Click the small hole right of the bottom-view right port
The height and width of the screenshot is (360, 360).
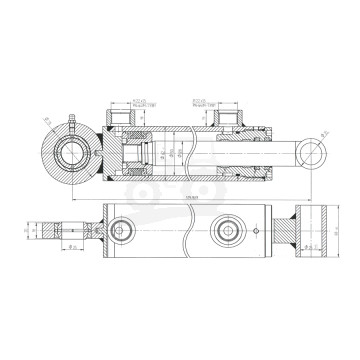pos(257,236)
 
